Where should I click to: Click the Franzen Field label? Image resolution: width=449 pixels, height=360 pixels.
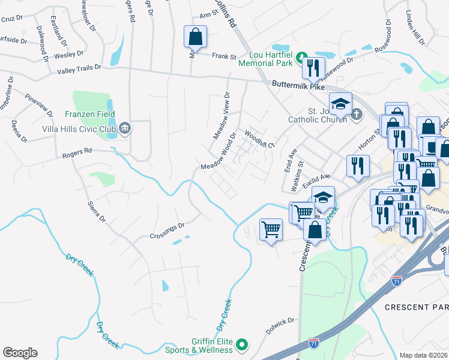90,114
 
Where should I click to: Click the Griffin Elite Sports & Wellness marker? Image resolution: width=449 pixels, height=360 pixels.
242,344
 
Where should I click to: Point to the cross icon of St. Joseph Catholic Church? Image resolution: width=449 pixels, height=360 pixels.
357,113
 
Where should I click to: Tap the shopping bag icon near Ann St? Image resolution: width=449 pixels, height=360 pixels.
196,37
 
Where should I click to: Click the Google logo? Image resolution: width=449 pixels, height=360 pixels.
20,352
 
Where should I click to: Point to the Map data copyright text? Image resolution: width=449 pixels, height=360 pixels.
424,355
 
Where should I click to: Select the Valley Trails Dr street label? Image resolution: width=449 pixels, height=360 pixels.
83,70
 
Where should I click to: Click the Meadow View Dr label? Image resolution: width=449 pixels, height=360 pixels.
221,115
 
